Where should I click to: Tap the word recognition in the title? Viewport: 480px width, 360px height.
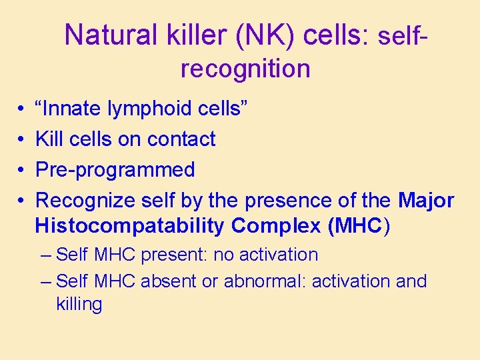pyautogui.click(x=245, y=68)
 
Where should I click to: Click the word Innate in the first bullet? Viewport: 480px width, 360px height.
pyautogui.click(x=69, y=108)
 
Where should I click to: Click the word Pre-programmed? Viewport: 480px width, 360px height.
pyautogui.click(x=115, y=170)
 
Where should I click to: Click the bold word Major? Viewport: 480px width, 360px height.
pyautogui.click(x=426, y=200)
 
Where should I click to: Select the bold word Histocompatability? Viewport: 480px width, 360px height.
pyautogui.click(x=130, y=226)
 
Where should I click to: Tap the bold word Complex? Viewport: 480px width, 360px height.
pyautogui.click(x=276, y=226)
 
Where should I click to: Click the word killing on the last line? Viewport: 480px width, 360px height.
pyautogui.click(x=79, y=305)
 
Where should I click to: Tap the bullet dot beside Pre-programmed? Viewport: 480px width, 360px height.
pyautogui.click(x=22, y=171)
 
